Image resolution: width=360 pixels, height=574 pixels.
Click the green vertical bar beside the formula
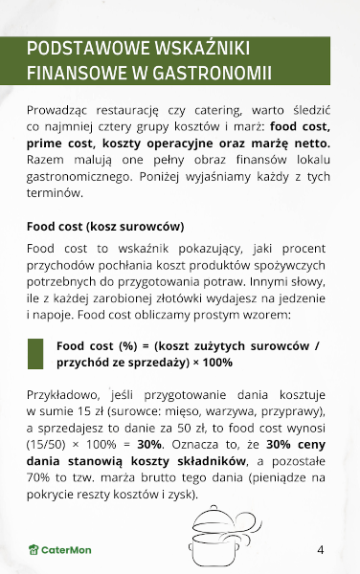point(35,354)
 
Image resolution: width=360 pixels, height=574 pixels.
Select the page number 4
point(320,549)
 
